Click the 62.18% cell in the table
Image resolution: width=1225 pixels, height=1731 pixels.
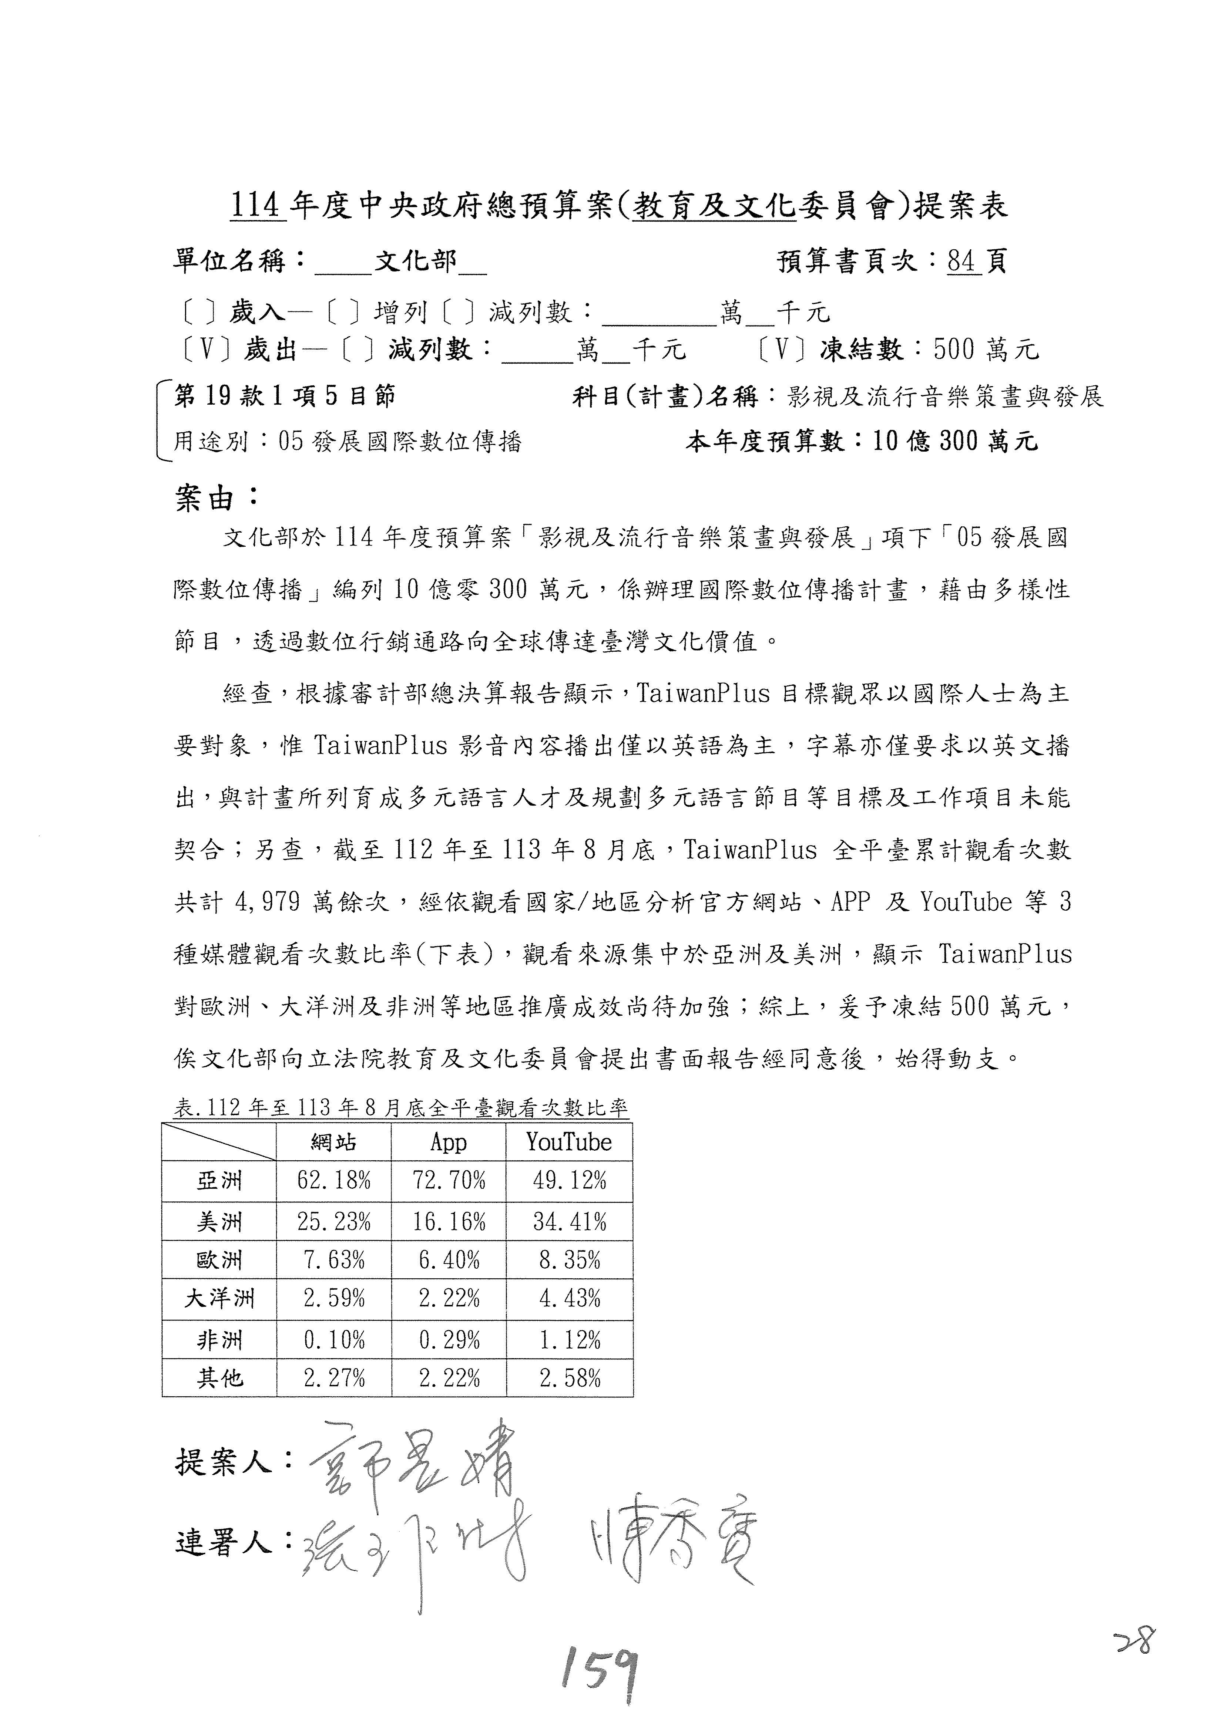333,1180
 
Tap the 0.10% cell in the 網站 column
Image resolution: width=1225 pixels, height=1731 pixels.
333,1340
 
